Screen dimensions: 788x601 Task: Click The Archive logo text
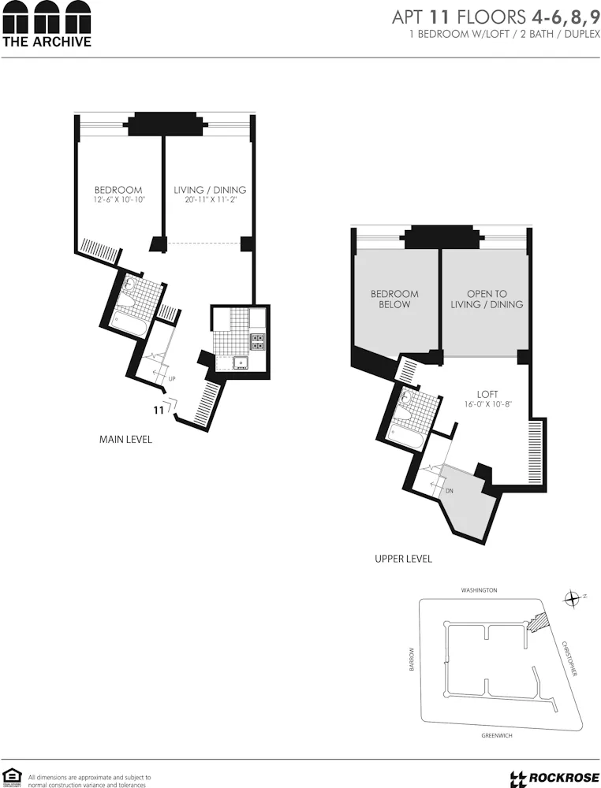pos(47,42)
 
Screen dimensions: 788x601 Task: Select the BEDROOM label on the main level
pos(118,190)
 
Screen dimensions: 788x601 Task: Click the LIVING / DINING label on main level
pos(210,190)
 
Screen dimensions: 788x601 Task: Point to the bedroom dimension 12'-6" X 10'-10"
pos(118,200)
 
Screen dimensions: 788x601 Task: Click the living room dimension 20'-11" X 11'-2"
pos(210,200)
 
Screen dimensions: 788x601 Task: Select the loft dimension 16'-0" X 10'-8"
pos(489,404)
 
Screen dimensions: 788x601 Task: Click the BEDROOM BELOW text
pos(394,299)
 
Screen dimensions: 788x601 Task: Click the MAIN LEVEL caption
pos(125,439)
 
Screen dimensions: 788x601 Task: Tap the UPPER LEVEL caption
pos(403,559)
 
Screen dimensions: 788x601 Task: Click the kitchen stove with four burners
pos(258,340)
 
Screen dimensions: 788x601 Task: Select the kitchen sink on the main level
pos(239,362)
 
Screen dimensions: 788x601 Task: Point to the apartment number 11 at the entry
pos(158,410)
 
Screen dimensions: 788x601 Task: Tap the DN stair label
pos(449,490)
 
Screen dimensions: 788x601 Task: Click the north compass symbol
pos(572,599)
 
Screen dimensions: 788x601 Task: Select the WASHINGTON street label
pos(480,589)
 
